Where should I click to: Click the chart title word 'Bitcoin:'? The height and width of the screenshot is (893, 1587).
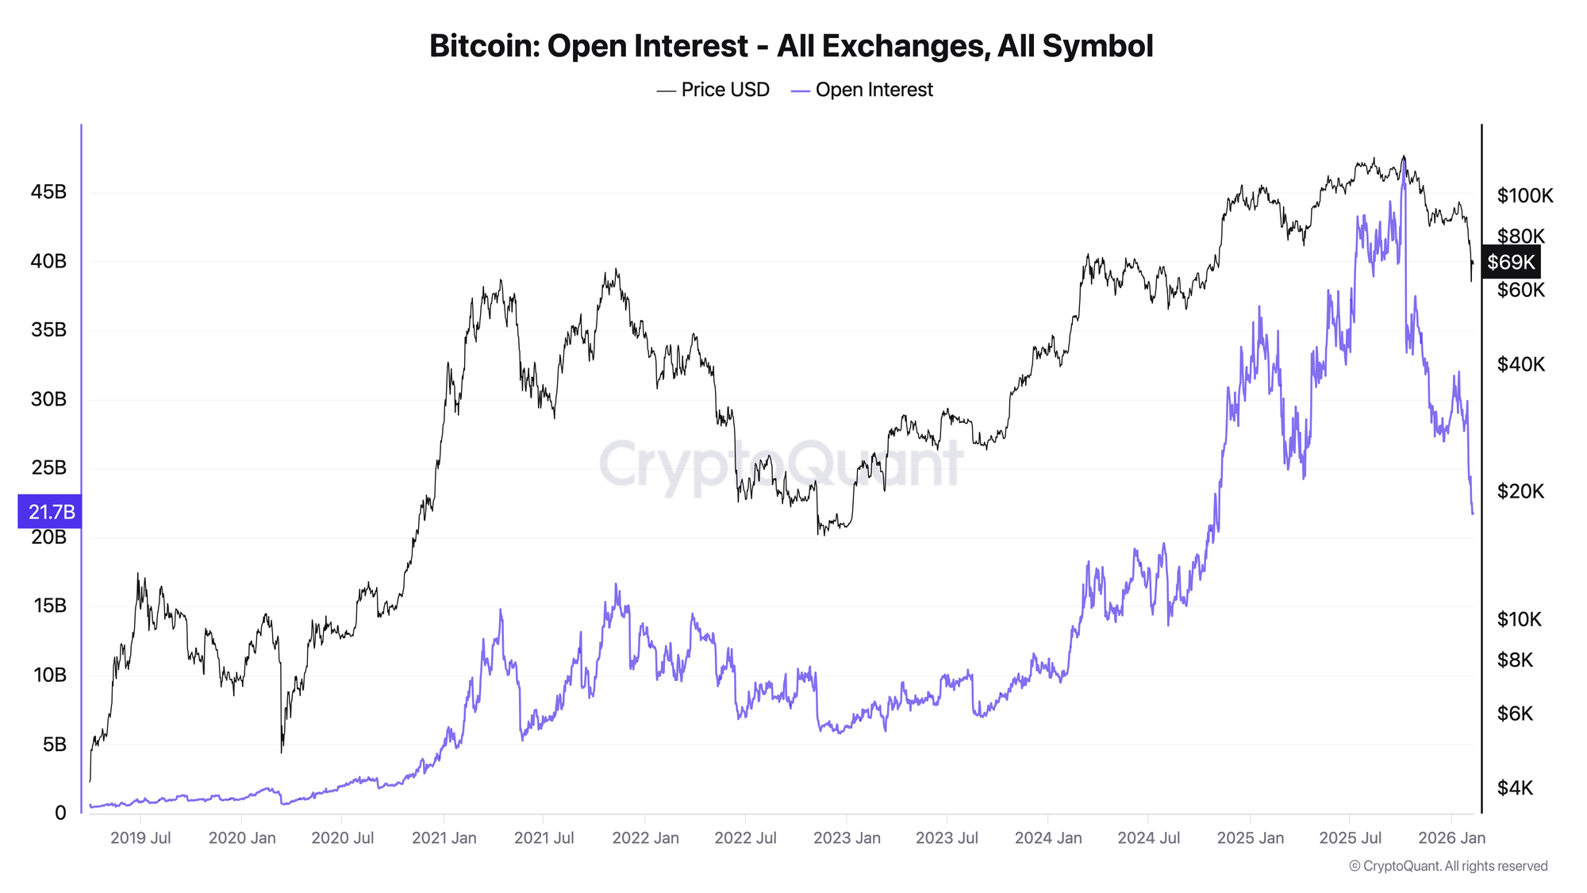pyautogui.click(x=483, y=46)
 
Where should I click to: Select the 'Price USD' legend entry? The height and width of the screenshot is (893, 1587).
pyautogui.click(x=713, y=90)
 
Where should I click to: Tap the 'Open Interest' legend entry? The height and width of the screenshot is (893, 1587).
pyautogui.click(x=863, y=90)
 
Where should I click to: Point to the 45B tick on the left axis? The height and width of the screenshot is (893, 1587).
pyautogui.click(x=48, y=192)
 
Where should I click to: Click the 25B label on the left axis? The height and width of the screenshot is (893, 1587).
pyautogui.click(x=48, y=468)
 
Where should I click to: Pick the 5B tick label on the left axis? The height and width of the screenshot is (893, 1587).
pyautogui.click(x=54, y=745)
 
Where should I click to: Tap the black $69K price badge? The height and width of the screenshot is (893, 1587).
pyautogui.click(x=1511, y=262)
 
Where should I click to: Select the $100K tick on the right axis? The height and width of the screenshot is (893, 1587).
pyautogui.click(x=1524, y=195)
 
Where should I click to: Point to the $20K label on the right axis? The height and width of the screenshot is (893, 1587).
pyautogui.click(x=1520, y=491)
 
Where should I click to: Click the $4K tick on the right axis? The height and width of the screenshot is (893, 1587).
pyautogui.click(x=1515, y=787)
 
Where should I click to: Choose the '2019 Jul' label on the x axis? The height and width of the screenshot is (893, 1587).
pyautogui.click(x=140, y=838)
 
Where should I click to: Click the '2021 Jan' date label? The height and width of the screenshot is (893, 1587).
pyautogui.click(x=444, y=838)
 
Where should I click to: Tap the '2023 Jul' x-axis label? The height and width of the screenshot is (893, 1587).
pyautogui.click(x=947, y=838)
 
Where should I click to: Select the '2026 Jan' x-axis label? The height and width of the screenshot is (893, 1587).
pyautogui.click(x=1451, y=838)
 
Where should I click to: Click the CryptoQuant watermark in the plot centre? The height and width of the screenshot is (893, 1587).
pyautogui.click(x=781, y=464)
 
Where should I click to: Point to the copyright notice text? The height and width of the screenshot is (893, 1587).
pyautogui.click(x=1448, y=866)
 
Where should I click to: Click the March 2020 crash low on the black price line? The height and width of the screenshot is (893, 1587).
pyautogui.click(x=282, y=751)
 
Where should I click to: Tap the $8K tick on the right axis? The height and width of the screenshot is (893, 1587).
pyautogui.click(x=1515, y=660)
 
